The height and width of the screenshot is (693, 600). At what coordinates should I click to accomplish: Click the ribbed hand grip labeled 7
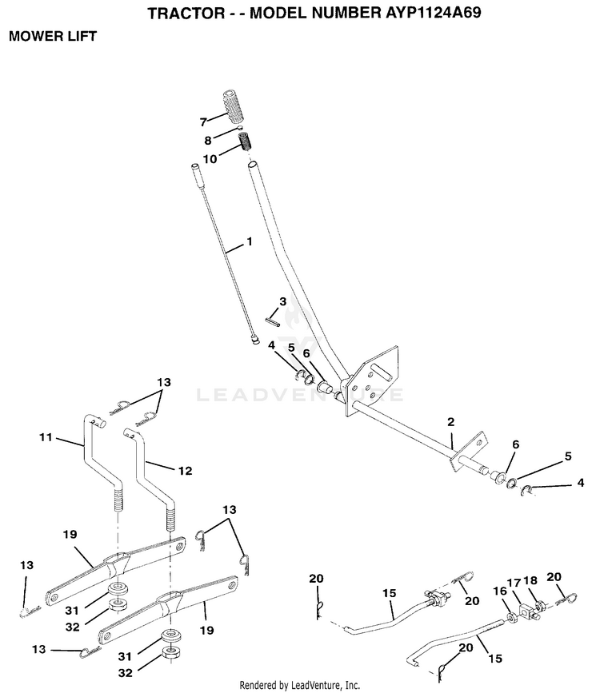pos(234,107)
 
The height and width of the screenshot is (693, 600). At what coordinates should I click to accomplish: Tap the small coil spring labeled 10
pos(245,141)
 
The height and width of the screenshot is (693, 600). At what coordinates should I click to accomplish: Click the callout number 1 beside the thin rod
pos(250,241)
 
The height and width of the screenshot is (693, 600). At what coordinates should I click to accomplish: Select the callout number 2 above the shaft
pos(450,421)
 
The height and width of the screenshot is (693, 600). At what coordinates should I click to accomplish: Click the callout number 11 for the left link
pos(46,437)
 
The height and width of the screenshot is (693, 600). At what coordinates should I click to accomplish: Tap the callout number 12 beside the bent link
pos(186,471)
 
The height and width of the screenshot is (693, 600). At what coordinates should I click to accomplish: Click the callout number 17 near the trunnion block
pos(514,583)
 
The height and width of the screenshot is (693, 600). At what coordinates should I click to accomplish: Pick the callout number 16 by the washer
pos(499,591)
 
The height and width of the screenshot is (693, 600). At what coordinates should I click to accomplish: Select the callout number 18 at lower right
pos(530,579)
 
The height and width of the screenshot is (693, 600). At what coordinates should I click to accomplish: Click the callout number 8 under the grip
pos(208,141)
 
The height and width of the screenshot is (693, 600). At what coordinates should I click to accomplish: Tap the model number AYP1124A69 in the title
pos(434,12)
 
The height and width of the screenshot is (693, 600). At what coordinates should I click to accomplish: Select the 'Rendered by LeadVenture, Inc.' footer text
pos(299,686)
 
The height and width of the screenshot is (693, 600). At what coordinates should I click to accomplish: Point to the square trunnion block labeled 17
pos(526,611)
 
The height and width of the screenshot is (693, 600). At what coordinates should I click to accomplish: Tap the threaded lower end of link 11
pos(118,499)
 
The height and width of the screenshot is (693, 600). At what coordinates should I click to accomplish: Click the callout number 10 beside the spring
pos(210,159)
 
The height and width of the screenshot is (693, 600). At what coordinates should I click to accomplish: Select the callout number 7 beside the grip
pos(203,121)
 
